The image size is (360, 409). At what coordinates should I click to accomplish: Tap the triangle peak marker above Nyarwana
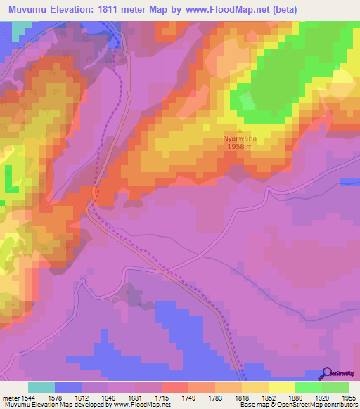click(x=240, y=131)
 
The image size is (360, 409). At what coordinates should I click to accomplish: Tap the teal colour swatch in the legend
click(x=41, y=387)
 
